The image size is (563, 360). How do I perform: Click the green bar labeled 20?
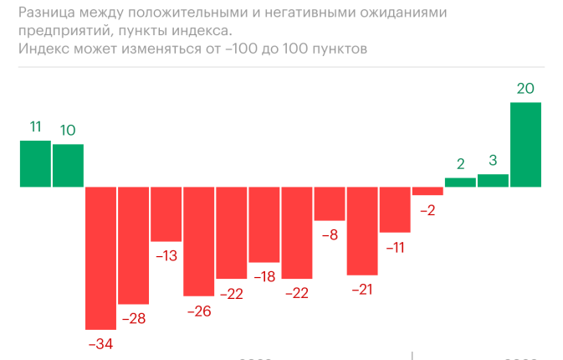tap(526, 144)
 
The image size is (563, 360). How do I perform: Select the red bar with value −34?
tap(100, 257)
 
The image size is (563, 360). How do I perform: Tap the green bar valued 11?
tap(35, 163)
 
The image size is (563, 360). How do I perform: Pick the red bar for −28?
tap(133, 245)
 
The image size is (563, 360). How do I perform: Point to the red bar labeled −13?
tap(166, 213)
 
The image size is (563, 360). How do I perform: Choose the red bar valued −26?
tap(199, 241)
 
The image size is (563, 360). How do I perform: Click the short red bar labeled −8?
tap(330, 203)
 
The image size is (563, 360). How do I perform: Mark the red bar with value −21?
tap(362, 230)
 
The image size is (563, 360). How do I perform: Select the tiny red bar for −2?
tap(427, 191)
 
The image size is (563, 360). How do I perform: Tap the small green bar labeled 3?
tap(494, 180)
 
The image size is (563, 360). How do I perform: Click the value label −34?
tap(100, 343)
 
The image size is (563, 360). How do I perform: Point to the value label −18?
tap(264, 277)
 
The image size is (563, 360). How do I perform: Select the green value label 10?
tap(68, 130)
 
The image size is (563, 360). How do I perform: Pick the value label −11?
tap(395, 247)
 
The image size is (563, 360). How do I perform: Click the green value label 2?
tap(460, 164)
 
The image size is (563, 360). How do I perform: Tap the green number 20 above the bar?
tap(526, 88)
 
